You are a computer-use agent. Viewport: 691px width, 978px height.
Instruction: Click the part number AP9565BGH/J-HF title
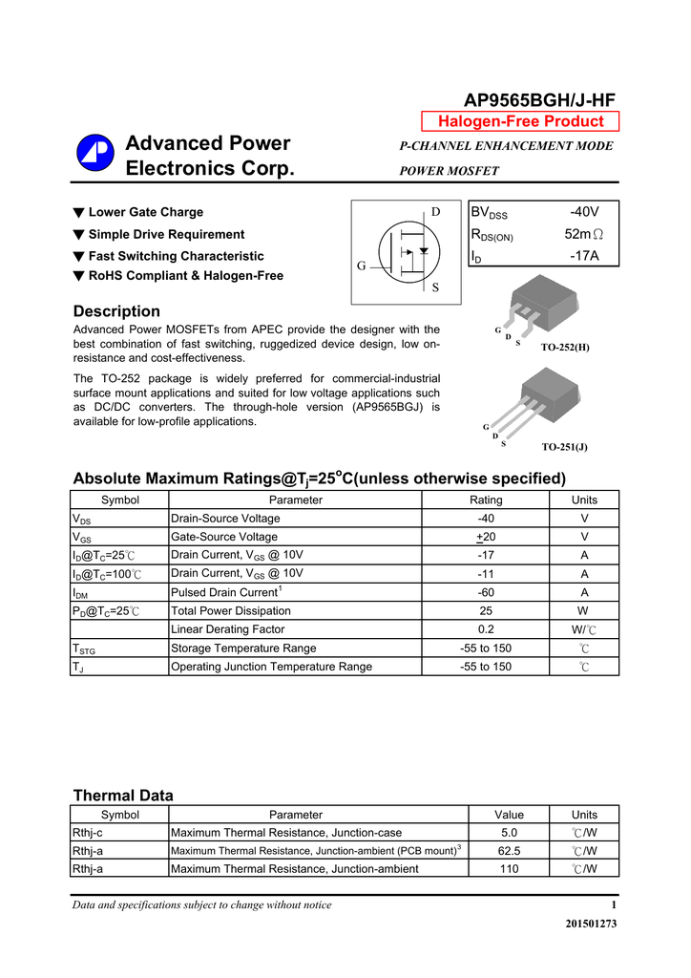coord(539,100)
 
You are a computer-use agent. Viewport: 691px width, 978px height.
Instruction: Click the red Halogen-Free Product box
coord(520,121)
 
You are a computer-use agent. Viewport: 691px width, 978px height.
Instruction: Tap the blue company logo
coord(94,156)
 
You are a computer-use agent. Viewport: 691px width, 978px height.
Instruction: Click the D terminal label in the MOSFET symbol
coord(436,212)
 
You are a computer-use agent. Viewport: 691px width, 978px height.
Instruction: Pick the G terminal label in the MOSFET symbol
coord(362,266)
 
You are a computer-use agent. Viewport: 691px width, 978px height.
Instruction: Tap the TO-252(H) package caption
coord(565,347)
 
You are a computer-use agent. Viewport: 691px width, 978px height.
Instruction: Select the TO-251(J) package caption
coord(564,446)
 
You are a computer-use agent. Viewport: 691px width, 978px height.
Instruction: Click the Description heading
coord(116,311)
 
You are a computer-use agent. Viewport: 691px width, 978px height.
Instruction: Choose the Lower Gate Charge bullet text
coord(146,212)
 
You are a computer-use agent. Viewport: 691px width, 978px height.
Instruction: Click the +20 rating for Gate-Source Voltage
coord(486,537)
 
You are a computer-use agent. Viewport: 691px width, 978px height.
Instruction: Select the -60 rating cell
coord(486,592)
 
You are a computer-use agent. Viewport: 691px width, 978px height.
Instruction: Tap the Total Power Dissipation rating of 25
coord(486,610)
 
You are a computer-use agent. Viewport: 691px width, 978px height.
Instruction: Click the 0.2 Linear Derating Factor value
coord(486,629)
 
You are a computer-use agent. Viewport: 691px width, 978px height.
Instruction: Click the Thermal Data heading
coord(123,796)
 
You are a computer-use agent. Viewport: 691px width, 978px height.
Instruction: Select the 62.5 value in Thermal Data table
coord(509,850)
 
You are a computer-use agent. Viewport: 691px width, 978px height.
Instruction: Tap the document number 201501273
coord(591,924)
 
